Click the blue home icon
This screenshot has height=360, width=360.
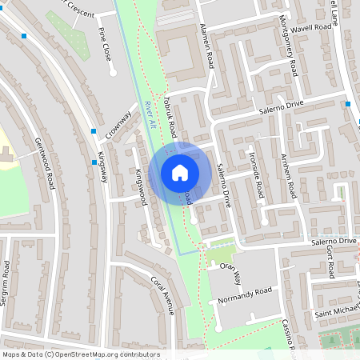click(179, 173)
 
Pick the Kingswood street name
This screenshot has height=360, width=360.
click(141, 186)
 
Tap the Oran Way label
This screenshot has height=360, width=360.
click(231, 273)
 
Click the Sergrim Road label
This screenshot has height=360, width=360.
click(6, 283)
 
